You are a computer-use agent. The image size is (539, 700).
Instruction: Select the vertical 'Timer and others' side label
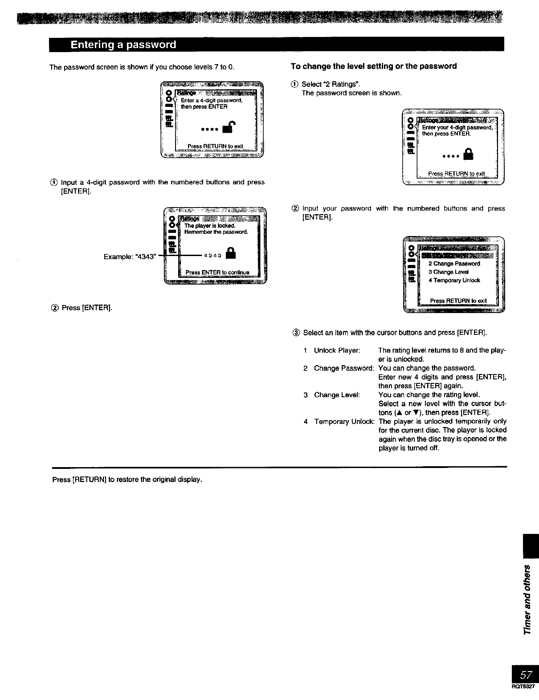(527, 599)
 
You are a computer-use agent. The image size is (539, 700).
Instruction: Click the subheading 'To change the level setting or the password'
(373, 66)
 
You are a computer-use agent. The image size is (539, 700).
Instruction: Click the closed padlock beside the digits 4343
(230, 255)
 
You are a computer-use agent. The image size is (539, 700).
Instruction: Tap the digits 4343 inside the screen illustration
(212, 256)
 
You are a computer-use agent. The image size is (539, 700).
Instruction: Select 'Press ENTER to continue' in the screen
(217, 273)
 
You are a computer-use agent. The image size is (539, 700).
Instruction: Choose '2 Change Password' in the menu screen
(453, 264)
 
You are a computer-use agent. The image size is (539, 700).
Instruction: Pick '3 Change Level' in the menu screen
(448, 272)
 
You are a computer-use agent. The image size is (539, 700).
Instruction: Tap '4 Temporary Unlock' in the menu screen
(454, 281)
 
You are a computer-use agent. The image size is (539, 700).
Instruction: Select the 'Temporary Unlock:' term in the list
(344, 421)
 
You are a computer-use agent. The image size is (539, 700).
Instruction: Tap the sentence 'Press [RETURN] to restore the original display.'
(127, 480)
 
